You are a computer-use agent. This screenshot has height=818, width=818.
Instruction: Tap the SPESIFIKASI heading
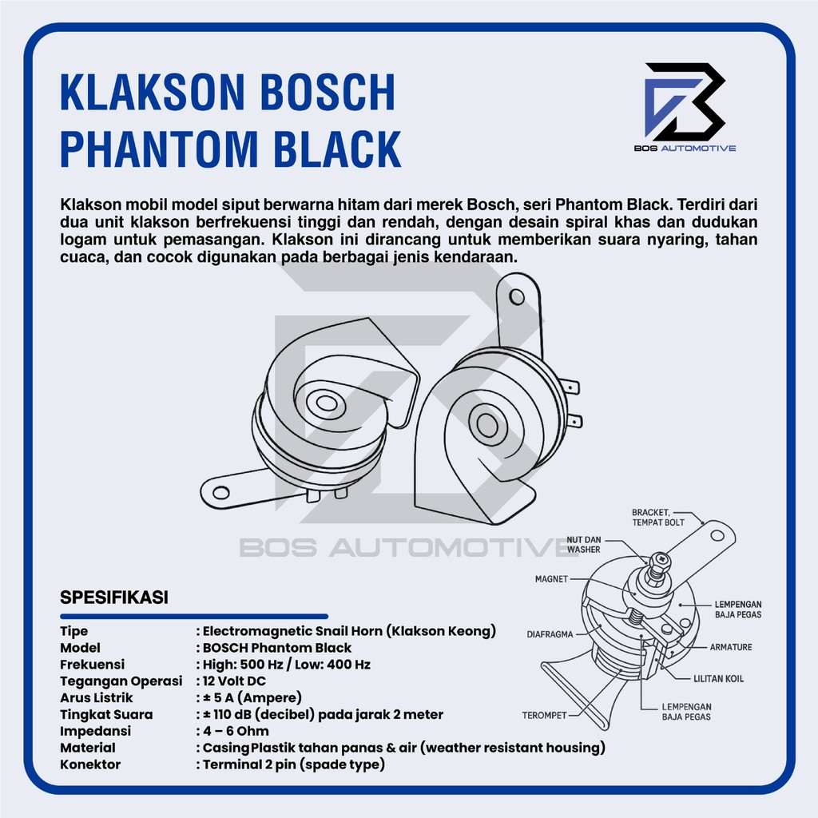click(113, 597)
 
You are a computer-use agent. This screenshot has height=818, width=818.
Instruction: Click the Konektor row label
click(90, 764)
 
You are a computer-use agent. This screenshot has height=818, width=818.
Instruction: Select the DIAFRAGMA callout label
click(550, 635)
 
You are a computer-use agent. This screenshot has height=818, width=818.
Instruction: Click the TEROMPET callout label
click(546, 714)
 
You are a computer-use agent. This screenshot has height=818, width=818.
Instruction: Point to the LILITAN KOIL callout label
click(718, 679)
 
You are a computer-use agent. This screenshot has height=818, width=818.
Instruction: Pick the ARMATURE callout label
click(730, 647)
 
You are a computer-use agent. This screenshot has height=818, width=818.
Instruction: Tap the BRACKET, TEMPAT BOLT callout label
click(658, 517)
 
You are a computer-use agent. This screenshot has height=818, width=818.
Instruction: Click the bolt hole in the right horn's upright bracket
click(517, 297)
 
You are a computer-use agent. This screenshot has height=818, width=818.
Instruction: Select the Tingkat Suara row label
click(106, 714)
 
